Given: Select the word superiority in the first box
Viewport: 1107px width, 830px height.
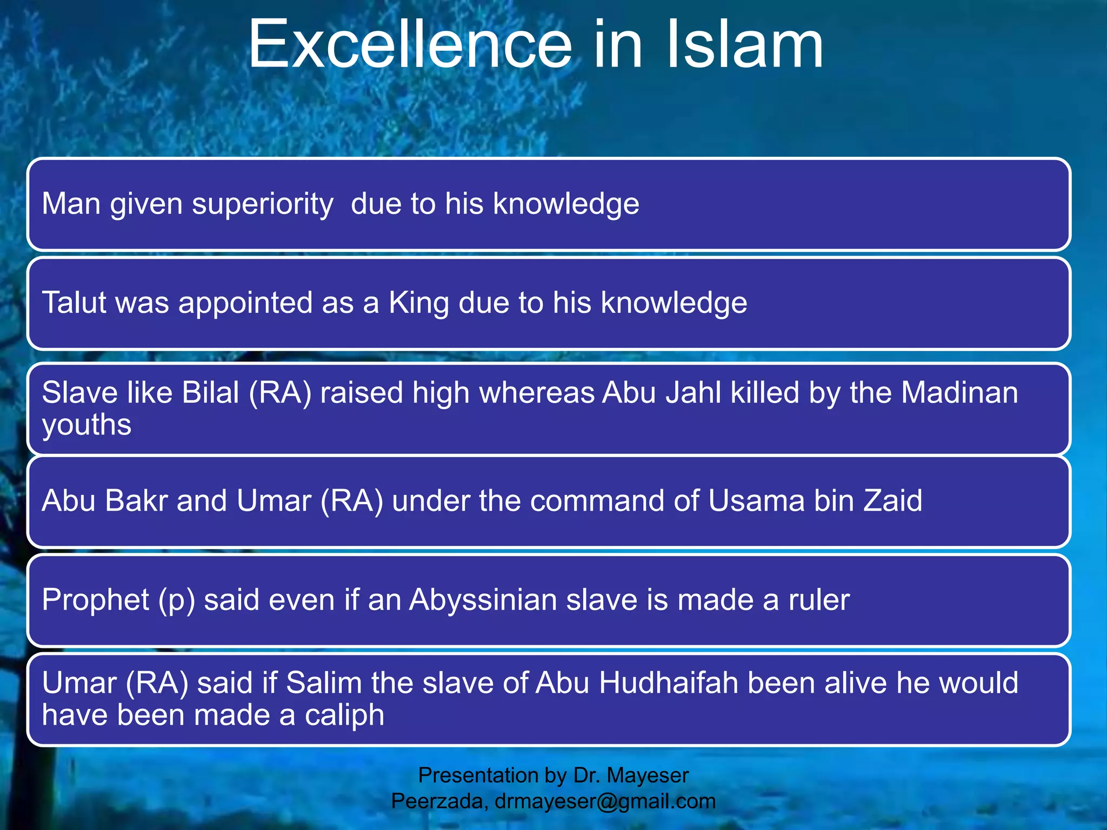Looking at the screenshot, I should click(263, 204).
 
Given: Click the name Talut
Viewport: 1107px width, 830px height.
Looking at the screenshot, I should click(75, 303).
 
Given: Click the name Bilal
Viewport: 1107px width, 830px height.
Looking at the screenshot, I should click(211, 393).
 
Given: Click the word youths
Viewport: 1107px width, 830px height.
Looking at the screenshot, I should click(86, 425).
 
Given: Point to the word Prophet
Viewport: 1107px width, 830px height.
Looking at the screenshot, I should click(95, 600).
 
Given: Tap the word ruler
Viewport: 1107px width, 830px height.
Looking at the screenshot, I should click(819, 600).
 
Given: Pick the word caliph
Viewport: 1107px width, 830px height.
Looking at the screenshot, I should click(344, 715).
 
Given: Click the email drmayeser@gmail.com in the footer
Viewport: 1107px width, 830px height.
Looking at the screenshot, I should click(605, 801).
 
